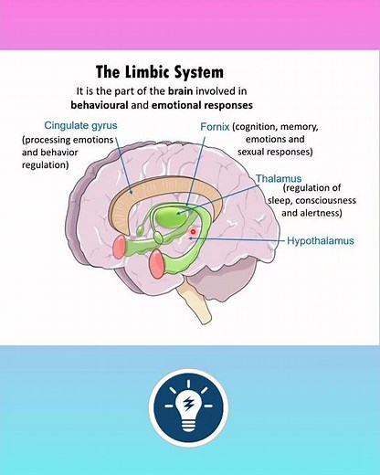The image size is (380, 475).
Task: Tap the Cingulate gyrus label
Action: tap(83, 125)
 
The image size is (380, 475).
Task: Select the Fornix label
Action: tap(214, 125)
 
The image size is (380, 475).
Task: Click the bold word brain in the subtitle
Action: tap(203, 92)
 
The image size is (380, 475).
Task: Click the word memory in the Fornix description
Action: tap(301, 126)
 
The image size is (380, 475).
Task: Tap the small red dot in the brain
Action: tap(193, 233)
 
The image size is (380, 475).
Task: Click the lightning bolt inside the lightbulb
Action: tap(189, 403)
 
